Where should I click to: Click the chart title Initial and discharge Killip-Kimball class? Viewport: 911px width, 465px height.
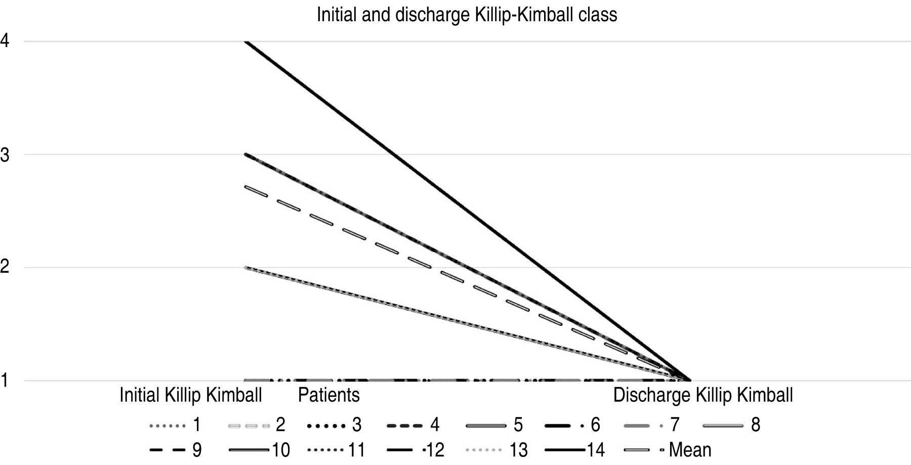[467, 15]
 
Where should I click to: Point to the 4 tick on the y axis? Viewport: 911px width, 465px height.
[5, 41]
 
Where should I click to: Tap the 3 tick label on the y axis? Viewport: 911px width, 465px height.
[5, 155]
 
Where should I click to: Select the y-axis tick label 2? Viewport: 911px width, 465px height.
[5, 267]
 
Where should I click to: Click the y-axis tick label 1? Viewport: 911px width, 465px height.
[5, 381]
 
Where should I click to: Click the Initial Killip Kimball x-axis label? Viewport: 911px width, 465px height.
[191, 395]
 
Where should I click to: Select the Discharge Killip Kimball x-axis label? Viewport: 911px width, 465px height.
[703, 395]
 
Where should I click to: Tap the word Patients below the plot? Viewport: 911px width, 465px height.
[329, 395]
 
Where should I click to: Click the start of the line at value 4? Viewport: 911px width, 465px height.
[245, 41]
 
